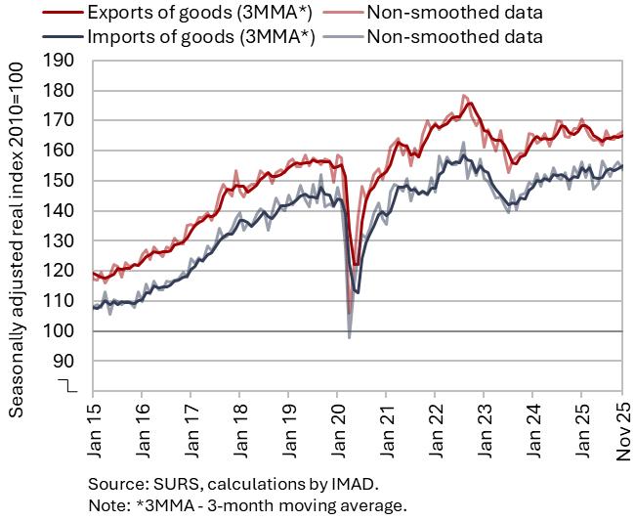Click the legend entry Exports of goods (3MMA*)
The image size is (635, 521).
tap(171, 14)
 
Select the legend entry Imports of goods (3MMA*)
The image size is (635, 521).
tap(171, 38)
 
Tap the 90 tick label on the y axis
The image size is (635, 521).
tap(66, 362)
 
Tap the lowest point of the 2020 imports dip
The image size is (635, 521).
tap(350, 338)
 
